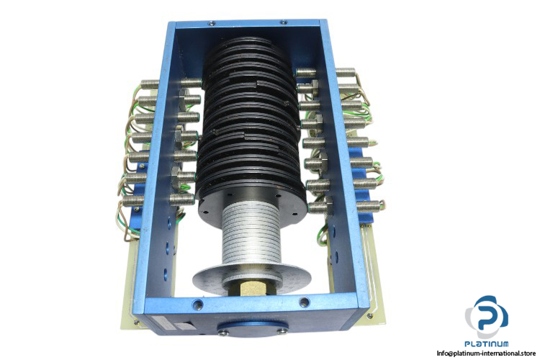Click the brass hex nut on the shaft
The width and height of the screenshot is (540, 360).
pyautogui.click(x=253, y=287)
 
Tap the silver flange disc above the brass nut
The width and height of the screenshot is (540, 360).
pyautogui.click(x=252, y=276)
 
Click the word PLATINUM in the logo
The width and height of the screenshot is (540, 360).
pyautogui.click(x=486, y=343)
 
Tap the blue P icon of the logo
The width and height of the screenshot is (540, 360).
pyautogui.click(x=487, y=316)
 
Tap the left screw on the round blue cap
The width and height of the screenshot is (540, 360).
pyautogui.click(x=223, y=332)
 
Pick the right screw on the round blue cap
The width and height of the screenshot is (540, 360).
pyautogui.click(x=282, y=331)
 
